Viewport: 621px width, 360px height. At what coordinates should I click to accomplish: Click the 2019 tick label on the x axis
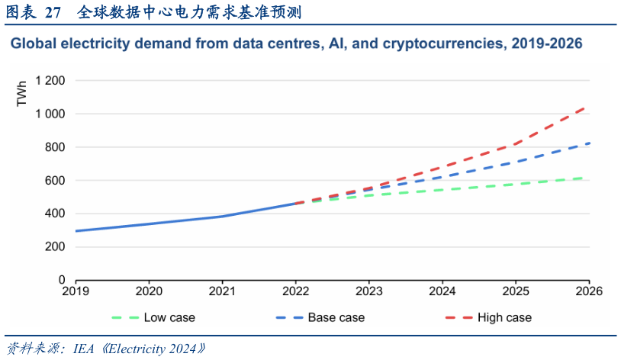(76, 291)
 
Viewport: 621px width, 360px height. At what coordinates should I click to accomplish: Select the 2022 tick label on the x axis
(295, 291)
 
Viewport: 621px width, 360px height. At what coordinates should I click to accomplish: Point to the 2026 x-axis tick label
(589, 291)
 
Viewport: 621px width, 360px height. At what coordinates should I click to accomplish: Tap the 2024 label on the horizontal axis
(442, 291)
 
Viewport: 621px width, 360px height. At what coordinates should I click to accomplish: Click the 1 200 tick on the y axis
(50, 80)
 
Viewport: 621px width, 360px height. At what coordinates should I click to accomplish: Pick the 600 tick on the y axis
(56, 181)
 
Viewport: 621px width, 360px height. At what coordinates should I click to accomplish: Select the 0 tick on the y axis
(62, 281)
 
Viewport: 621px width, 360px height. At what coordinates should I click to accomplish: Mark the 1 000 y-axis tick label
(50, 114)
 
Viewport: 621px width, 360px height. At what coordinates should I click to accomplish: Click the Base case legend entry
(336, 317)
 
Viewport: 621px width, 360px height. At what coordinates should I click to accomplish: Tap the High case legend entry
(504, 317)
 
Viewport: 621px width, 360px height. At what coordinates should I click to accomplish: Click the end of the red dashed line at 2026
(588, 106)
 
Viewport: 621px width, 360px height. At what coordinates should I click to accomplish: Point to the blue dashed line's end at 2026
(589, 143)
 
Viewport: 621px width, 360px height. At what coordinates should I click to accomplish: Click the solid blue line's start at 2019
(76, 230)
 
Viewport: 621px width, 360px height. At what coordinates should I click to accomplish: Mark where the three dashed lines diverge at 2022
(296, 203)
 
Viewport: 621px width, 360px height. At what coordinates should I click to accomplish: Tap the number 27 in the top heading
(53, 12)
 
